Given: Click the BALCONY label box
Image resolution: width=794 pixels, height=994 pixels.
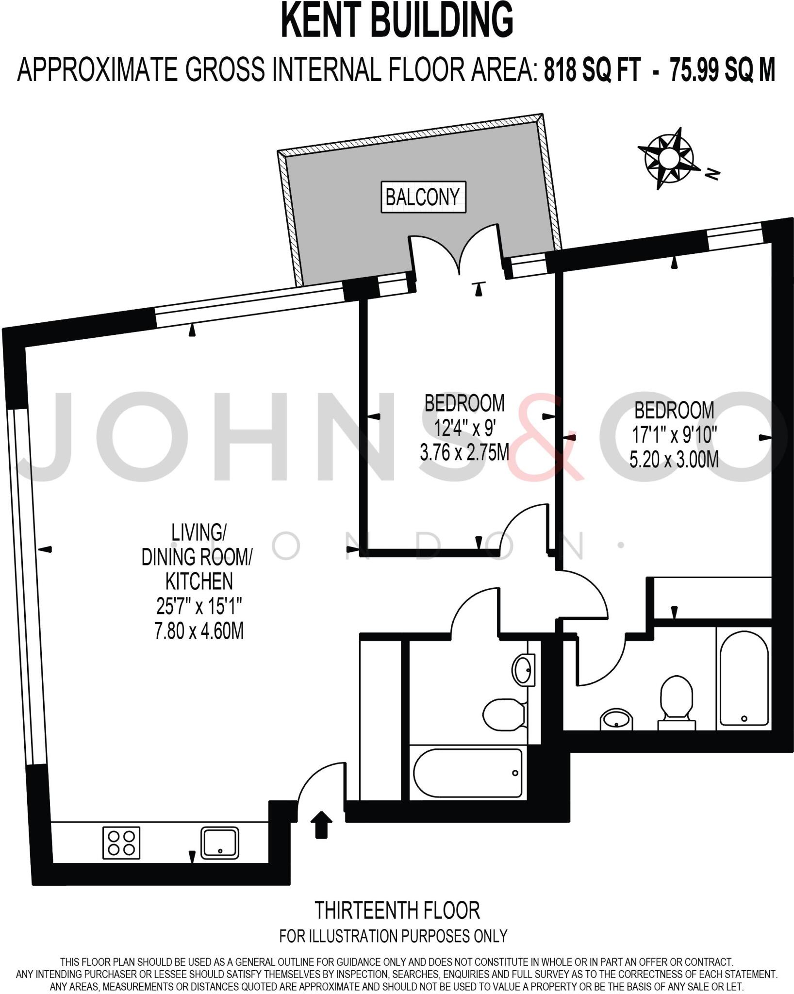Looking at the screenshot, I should pos(423,197).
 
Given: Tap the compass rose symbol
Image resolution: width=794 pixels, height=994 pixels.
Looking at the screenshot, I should pos(668,158).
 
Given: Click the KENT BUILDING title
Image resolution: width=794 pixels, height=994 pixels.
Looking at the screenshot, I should pos(397,20).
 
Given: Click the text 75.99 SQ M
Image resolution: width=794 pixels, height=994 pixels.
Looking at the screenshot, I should pos(722,69).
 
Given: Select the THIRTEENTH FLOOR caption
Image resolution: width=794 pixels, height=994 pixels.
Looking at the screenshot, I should pos(397,910).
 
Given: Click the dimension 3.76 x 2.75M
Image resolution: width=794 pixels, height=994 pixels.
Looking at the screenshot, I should pos(464,453).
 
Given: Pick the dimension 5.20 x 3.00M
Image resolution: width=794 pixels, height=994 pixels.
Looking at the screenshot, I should pos(674,459).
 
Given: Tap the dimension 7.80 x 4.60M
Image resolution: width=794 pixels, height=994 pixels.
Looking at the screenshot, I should pos(199,631).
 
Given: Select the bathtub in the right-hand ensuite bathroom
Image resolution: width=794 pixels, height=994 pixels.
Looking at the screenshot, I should pos(744,678).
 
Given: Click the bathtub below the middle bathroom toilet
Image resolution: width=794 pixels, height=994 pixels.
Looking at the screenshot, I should pos(468,772).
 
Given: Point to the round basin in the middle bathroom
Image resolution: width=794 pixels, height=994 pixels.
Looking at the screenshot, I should pos(524,670).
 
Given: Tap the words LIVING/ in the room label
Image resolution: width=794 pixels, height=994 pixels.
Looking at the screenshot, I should pos(198,532).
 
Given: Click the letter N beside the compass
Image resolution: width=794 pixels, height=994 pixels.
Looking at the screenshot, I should pos(712,173).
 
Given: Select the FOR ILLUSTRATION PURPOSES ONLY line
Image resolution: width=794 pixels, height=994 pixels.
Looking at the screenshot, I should pos(393,936).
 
